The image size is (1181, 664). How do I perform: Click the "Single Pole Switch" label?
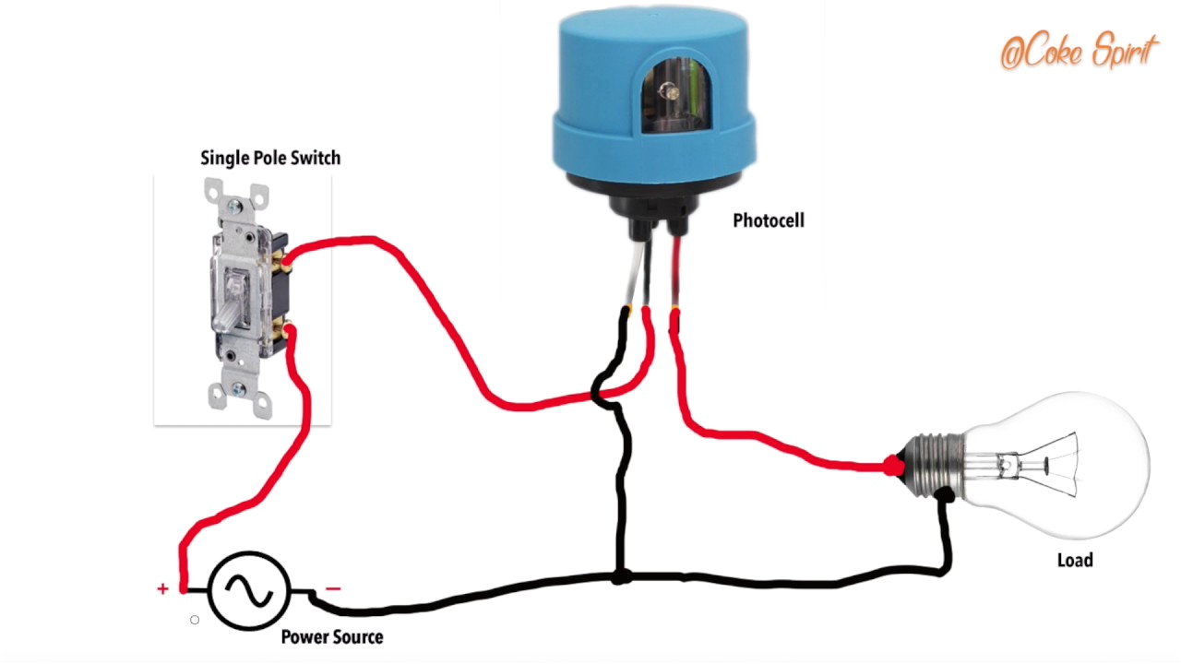click(270, 158)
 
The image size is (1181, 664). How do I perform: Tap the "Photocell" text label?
click(768, 220)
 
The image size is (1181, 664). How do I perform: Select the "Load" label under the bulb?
click(1074, 560)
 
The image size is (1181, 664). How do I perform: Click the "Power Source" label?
click(331, 636)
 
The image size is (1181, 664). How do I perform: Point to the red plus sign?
click(162, 588)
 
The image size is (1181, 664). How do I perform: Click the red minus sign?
click(333, 588)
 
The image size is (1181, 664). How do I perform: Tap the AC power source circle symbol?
click(249, 590)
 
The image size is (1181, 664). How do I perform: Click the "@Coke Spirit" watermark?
click(1077, 53)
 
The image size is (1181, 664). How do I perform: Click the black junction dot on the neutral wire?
click(622, 577)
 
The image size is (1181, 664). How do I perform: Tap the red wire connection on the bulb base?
click(892, 467)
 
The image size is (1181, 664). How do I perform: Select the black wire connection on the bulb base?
click(943, 496)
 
